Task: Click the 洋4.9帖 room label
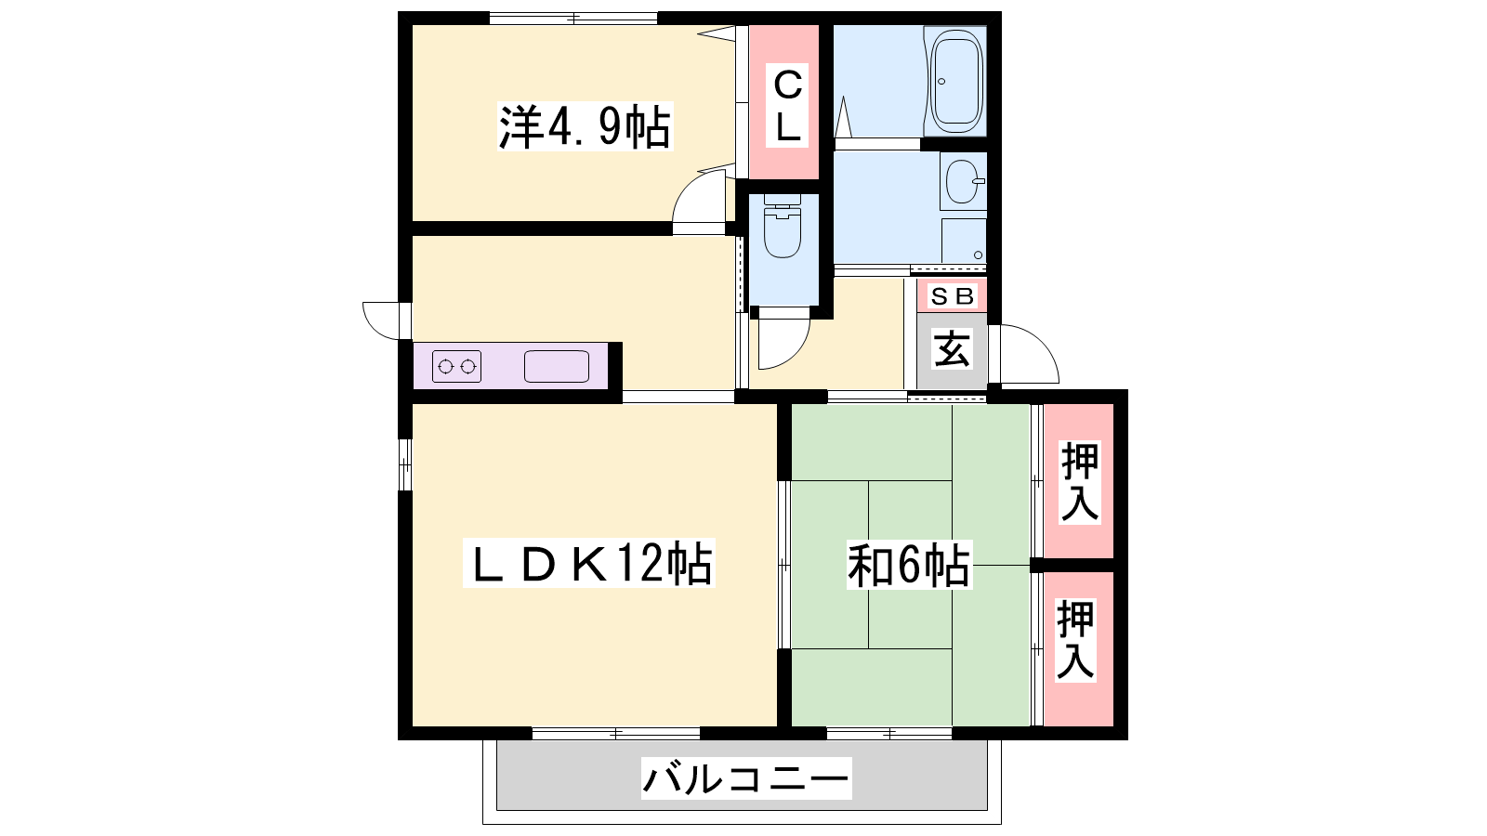tap(585, 126)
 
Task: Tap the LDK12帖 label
tap(589, 563)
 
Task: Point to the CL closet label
tap(787, 105)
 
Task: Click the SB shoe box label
tap(952, 296)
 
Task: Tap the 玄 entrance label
tap(952, 349)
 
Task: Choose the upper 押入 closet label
tap(1079, 482)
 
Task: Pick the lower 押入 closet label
tap(1075, 640)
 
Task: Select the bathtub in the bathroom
tap(956, 81)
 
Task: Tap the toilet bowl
tap(783, 226)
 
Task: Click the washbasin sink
tap(963, 181)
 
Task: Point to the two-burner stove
tap(456, 366)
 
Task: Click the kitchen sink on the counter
tap(557, 366)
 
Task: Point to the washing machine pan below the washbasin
tap(964, 241)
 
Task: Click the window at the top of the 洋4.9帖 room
tap(573, 18)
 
